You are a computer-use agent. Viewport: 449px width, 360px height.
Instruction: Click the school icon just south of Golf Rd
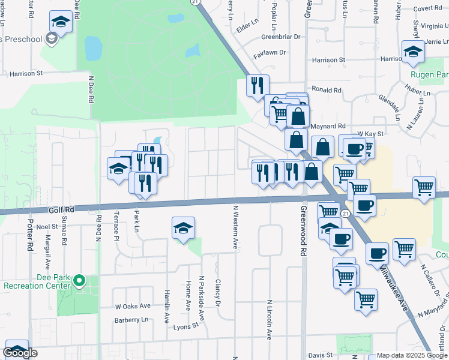pos(184,228)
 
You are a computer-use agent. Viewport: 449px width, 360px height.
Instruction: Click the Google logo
pos(20,353)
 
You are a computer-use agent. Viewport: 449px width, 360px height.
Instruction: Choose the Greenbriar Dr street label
pos(280,37)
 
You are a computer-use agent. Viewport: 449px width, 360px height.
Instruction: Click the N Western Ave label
pos(236,227)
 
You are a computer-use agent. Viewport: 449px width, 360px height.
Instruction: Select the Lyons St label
pos(187,326)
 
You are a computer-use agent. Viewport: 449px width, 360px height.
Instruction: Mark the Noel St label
pos(46,227)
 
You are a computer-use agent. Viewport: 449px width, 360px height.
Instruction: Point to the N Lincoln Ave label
pos(270,318)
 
